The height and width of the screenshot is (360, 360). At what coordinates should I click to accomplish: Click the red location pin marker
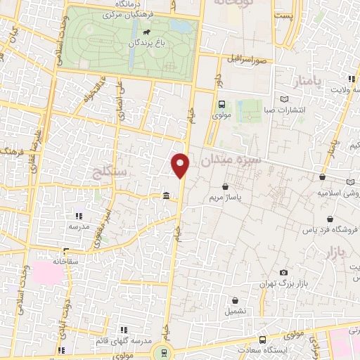181,165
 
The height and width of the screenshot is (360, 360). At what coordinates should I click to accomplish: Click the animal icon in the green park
146,32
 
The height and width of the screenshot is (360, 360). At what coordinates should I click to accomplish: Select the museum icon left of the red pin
165,195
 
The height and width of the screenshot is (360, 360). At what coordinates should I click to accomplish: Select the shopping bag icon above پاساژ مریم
225,187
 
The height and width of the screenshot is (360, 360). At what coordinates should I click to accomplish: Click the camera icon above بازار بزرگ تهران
283,272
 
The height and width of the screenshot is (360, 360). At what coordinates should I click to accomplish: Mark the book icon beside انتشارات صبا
283,99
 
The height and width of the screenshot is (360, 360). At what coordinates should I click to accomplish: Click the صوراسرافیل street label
245,58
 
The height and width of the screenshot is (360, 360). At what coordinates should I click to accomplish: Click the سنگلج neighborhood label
108,171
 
